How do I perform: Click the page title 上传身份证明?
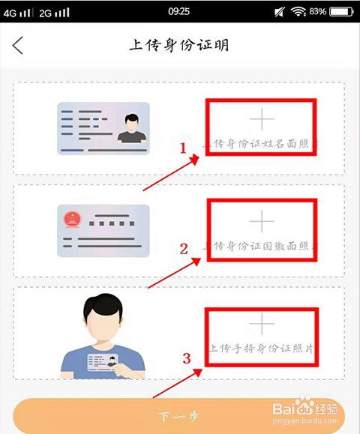pos(179,45)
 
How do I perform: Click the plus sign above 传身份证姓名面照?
pos(262,119)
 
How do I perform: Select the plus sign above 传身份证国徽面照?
pos(262,220)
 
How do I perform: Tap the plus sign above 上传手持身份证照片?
pos(262,323)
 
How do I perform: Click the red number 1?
pos(182,148)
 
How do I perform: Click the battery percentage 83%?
pos(318,12)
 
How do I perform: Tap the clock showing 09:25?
pos(179,12)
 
